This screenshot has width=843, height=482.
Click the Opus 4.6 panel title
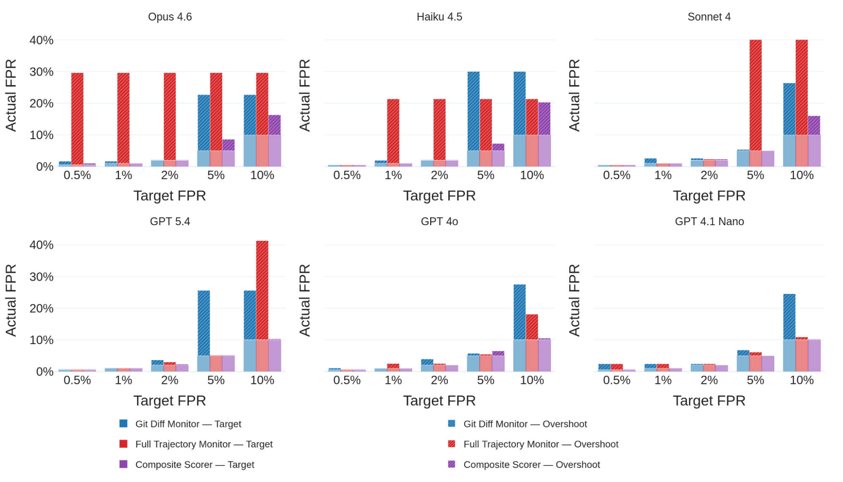click(170, 17)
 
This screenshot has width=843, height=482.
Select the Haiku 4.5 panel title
click(439, 17)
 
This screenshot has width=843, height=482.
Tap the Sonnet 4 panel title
click(709, 17)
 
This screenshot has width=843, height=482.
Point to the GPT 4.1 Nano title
click(709, 221)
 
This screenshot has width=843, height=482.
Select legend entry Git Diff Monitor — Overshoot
click(525, 424)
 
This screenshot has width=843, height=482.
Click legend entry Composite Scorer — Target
click(194, 464)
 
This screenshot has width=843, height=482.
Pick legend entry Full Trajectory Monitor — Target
click(204, 444)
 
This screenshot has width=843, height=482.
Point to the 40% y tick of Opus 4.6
click(41, 40)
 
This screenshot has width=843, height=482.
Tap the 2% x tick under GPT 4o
click(439, 380)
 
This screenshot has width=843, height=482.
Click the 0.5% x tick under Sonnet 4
click(617, 175)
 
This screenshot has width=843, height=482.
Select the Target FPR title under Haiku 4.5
click(439, 196)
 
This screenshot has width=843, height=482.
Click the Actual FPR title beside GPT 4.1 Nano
click(574, 300)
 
